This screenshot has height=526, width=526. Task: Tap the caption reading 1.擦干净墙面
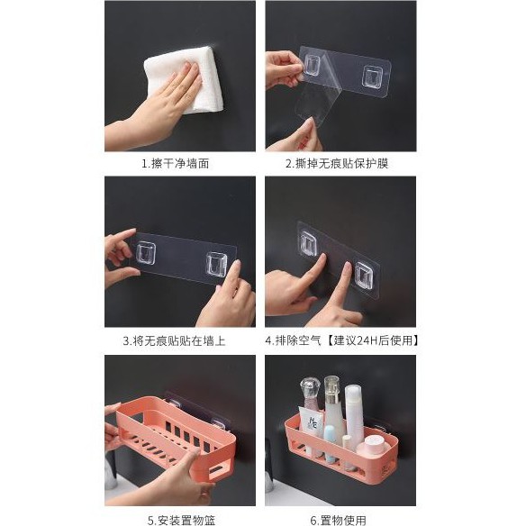[176, 164]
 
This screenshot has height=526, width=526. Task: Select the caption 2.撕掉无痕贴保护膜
[337, 164]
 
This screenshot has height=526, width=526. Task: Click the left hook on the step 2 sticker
[313, 65]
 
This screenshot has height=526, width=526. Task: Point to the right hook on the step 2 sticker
[372, 77]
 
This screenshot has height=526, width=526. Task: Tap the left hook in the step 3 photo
[146, 252]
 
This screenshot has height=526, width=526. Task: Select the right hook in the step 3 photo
[216, 264]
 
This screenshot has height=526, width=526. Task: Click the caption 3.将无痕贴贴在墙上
[174, 341]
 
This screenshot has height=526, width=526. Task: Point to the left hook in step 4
[308, 243]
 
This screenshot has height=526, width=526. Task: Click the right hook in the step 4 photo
[364, 277]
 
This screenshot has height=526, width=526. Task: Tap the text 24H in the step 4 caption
[367, 340]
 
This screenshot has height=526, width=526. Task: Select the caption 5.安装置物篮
[181, 521]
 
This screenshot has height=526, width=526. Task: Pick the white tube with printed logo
[312, 423]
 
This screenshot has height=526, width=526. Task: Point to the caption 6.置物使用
[338, 521]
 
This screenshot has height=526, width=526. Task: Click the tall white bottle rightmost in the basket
[354, 413]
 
